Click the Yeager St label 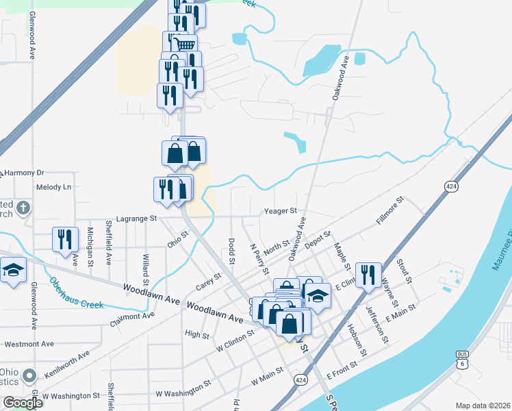point(281,211)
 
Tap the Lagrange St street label point(137,219)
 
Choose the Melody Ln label point(53,186)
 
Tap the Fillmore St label point(391,212)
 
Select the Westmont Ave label point(29,343)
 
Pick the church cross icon point(23,207)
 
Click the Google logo point(23,402)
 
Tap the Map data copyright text point(483,406)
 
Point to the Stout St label point(403,270)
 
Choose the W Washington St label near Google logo point(71,396)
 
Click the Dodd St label point(231,251)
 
